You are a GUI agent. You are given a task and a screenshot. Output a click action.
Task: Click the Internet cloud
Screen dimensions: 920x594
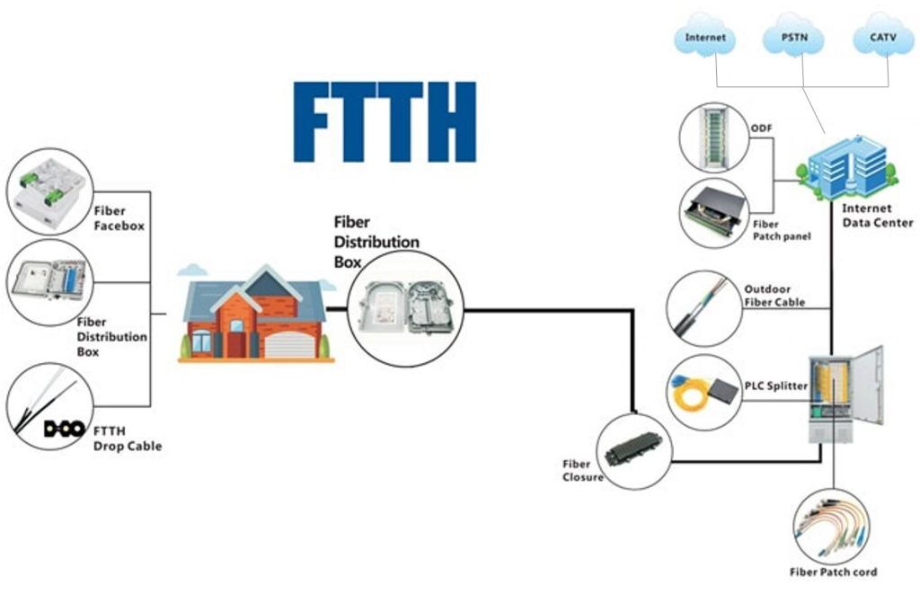(x=704, y=36)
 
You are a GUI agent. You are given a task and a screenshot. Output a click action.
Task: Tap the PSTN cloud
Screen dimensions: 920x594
(x=794, y=36)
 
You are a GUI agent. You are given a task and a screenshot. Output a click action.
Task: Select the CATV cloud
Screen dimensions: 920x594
(x=883, y=36)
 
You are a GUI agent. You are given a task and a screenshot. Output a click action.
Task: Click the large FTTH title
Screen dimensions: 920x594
(x=385, y=121)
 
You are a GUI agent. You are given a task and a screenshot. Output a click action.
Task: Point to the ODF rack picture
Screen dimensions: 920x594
(x=714, y=137)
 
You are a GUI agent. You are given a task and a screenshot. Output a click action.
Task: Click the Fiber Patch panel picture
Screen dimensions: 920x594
(x=714, y=212)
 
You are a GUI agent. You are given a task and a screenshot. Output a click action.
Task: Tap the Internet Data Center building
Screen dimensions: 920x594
(x=847, y=168)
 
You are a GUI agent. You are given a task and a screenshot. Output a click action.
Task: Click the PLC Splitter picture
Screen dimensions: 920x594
(x=704, y=392)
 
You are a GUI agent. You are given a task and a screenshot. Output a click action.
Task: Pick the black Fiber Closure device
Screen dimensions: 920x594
(x=633, y=452)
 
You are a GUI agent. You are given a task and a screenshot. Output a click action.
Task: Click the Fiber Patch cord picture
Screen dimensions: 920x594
(x=832, y=526)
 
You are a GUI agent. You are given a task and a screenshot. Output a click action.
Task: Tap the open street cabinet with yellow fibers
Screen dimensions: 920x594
(x=845, y=394)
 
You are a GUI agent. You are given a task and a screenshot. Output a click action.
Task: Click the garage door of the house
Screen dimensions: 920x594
(x=289, y=345)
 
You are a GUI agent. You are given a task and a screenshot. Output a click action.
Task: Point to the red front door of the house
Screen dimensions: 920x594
(x=236, y=344)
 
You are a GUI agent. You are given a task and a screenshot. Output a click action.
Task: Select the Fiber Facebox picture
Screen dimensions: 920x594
(x=50, y=191)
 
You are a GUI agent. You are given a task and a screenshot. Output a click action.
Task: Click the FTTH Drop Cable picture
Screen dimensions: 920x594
(x=50, y=406)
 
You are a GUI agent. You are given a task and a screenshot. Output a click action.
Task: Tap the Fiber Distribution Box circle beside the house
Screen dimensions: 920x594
(x=406, y=309)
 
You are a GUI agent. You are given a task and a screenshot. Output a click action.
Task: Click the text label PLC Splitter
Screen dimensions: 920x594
(x=775, y=386)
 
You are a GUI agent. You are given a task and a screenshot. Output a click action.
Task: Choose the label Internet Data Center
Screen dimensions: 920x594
(x=877, y=216)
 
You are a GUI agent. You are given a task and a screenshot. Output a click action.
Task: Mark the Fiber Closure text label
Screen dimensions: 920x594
(x=582, y=471)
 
